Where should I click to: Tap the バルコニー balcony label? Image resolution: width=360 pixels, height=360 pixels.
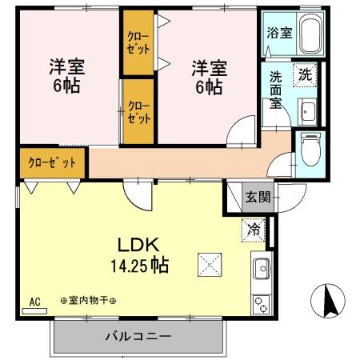(138, 337)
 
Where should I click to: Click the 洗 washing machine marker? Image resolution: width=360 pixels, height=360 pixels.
(305, 74)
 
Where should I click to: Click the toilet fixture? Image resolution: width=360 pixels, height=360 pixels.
(310, 147)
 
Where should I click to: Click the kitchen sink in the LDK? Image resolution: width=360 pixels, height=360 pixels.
(262, 271)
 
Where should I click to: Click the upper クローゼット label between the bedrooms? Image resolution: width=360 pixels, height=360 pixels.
(138, 42)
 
